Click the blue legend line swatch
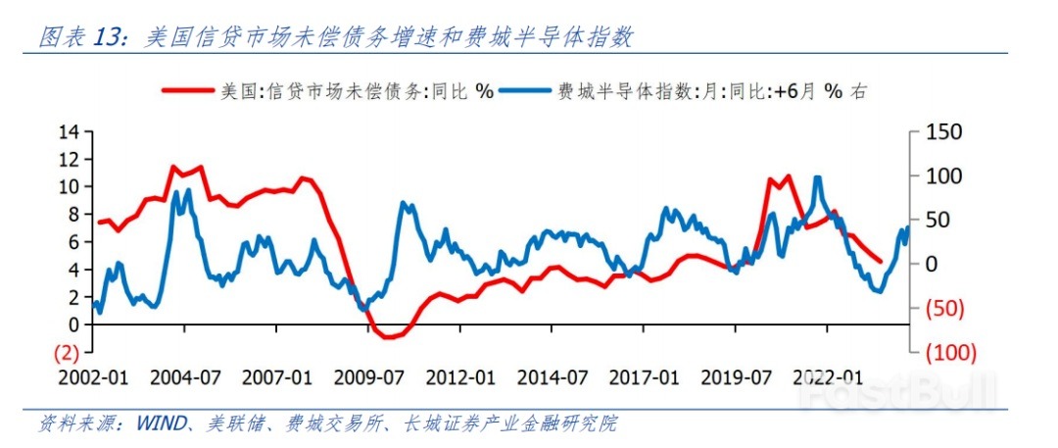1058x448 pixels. click(x=527, y=91)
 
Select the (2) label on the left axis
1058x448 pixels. click(x=65, y=351)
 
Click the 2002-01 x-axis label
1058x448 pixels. click(x=95, y=377)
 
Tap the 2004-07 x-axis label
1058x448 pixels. click(x=185, y=377)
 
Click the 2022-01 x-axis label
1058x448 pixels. click(x=833, y=377)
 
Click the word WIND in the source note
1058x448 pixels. click(x=159, y=423)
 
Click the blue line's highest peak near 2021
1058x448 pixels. click(x=817, y=177)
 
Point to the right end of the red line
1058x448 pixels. click(x=880, y=262)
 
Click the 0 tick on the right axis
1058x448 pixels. click(x=933, y=264)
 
